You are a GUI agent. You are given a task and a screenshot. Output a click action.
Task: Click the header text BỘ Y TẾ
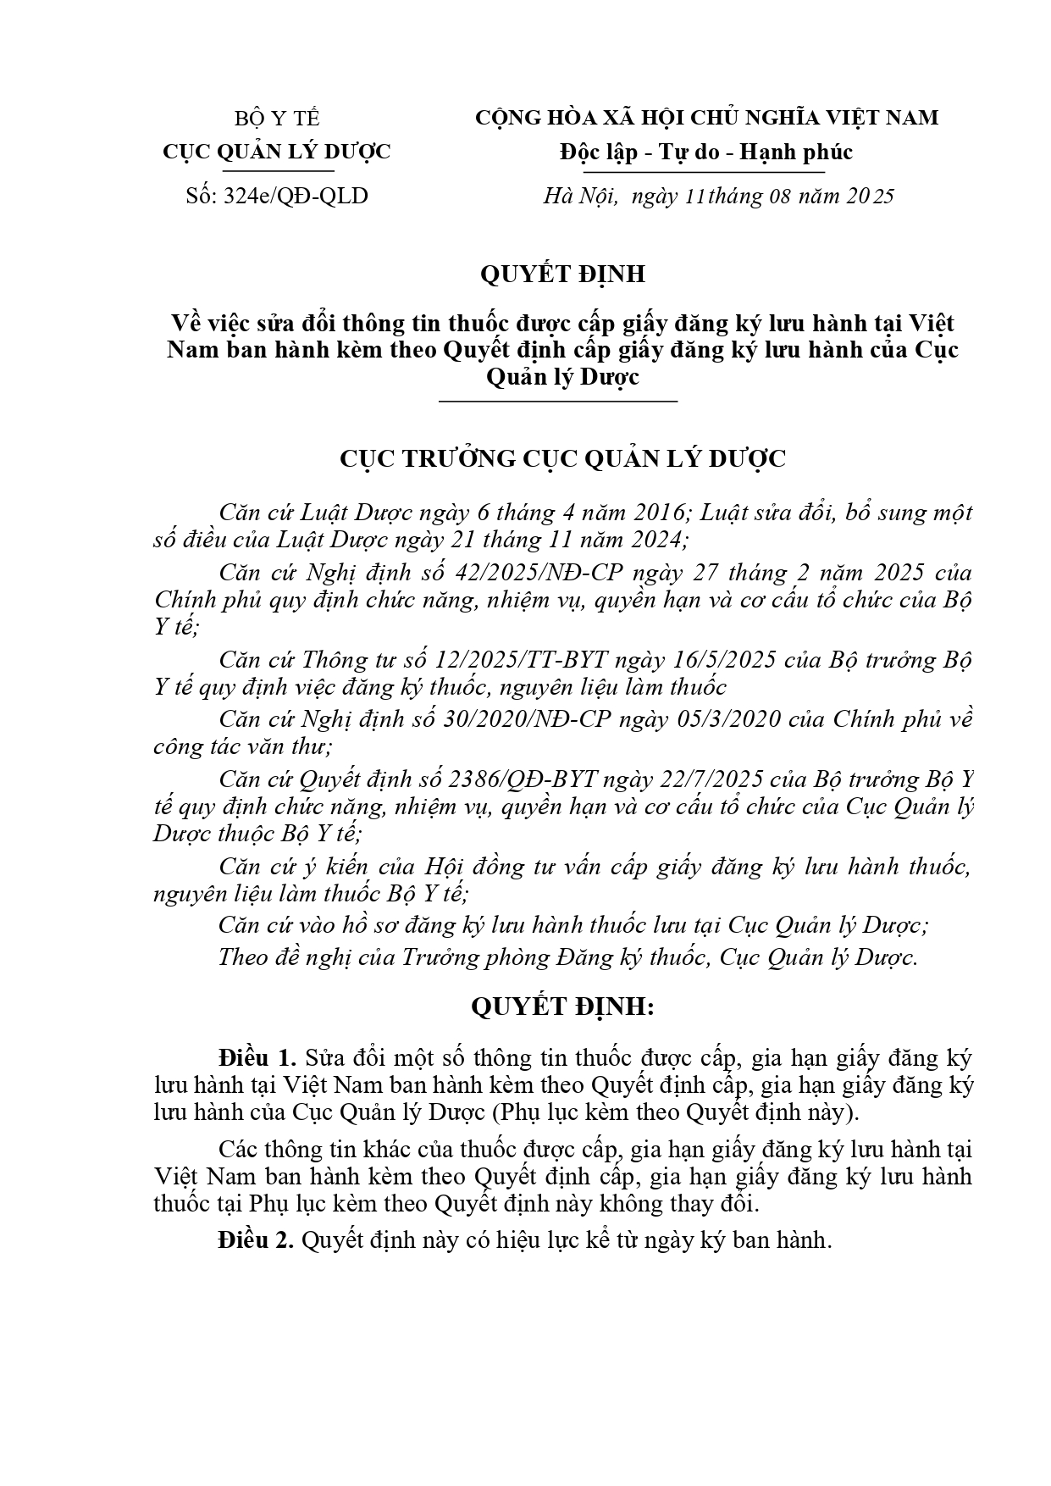[x=277, y=118]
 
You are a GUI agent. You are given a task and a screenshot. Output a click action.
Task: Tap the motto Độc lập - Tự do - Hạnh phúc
[x=705, y=152]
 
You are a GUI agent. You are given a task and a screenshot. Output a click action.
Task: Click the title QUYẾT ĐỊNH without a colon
[x=561, y=274]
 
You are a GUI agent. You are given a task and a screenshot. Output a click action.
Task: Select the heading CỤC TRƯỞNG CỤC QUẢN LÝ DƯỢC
[x=562, y=458]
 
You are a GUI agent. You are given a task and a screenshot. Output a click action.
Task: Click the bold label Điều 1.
[x=257, y=1058]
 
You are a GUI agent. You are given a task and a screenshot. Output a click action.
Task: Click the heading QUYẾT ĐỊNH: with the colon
[x=562, y=1007]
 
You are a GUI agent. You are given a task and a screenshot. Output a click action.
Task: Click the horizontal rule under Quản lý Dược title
[x=558, y=400]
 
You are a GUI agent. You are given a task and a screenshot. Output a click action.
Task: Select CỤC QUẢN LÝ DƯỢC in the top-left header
[x=277, y=152]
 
